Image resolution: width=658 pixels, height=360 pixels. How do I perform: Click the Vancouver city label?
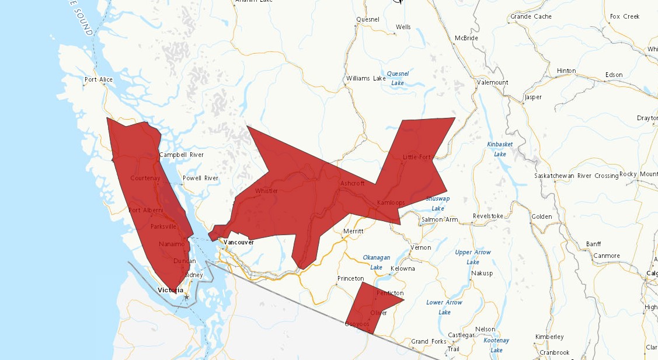click(239, 242)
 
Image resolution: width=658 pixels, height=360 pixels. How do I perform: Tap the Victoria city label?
click(170, 290)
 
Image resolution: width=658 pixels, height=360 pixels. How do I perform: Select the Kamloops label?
click(391, 202)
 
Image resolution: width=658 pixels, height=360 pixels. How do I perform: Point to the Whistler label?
click(266, 191)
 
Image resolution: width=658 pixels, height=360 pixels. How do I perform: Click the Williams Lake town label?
click(366, 78)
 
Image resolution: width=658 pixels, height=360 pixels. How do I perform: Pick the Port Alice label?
click(98, 79)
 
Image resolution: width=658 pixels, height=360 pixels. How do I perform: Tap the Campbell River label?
click(182, 155)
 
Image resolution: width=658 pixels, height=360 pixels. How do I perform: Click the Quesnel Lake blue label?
click(398, 78)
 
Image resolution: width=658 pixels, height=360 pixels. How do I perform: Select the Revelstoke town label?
click(488, 216)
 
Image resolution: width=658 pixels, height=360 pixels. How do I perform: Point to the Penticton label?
click(390, 293)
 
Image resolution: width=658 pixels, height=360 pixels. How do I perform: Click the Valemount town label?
click(492, 82)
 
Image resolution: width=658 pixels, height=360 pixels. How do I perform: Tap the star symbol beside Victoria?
click(186, 297)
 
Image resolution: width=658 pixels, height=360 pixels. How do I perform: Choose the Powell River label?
click(200, 178)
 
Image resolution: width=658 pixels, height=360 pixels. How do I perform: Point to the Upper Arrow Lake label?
click(473, 257)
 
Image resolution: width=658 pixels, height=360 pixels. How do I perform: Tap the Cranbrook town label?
click(554, 352)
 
